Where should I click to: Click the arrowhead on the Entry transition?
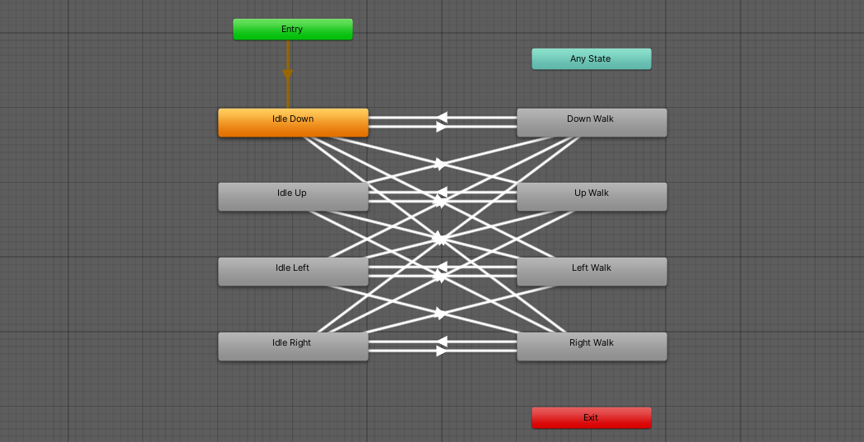(287, 75)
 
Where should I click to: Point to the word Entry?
(292, 30)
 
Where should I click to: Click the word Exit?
(591, 418)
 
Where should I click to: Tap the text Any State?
(591, 59)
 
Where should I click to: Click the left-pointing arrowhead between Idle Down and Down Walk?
(442, 118)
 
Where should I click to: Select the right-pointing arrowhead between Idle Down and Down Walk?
(442, 127)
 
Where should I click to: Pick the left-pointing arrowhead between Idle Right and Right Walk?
(442, 341)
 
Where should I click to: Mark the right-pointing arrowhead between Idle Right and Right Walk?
(442, 351)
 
